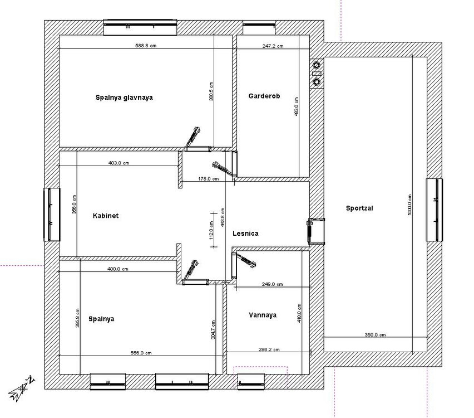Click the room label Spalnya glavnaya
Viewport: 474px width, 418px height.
pos(124,98)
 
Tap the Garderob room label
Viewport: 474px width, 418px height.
pos(264,96)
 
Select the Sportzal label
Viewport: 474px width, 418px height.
pos(359,208)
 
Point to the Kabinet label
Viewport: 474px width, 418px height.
pos(106,216)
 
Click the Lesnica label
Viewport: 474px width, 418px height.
pos(245,234)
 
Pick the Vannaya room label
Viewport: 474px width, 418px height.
pos(263,315)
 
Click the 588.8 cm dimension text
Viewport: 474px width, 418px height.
pos(146,46)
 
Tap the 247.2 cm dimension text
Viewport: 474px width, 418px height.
pos(273,46)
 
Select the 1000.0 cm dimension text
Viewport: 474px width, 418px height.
pos(409,205)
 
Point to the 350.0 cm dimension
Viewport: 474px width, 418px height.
pos(375,335)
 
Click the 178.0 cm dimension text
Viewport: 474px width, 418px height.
pos(208,179)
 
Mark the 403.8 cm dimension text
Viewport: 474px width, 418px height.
pos(119,163)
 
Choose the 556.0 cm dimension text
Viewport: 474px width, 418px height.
pos(141,353)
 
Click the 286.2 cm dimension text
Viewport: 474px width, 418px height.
pos(269,349)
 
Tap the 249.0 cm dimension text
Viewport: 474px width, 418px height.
pos(273,284)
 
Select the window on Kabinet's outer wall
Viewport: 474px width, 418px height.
pos(52,215)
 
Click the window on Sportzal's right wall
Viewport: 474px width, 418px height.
pos(434,210)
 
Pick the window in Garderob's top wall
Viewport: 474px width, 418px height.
pos(259,27)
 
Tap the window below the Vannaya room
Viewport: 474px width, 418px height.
pos(251,381)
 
